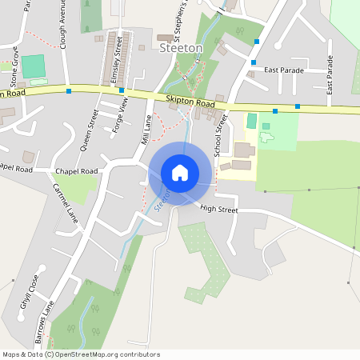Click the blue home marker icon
pos(180,173)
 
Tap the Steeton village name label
pos(182,49)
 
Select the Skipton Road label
pos(190,103)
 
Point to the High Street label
pos(219,209)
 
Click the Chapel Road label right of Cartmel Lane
pos(76,171)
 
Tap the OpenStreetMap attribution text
pos(81,354)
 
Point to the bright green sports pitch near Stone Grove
pos(34,66)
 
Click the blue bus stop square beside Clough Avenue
pos(69,91)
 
